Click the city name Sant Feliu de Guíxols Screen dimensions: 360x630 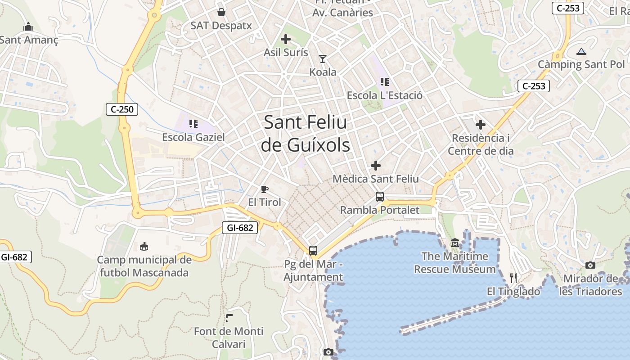point(306,134)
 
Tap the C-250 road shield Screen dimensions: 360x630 point(121,109)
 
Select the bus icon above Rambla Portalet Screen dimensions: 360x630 point(380,197)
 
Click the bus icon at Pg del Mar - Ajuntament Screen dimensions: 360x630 point(313,251)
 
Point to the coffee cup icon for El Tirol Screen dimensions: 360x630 point(265,189)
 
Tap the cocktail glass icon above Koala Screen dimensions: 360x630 point(323,58)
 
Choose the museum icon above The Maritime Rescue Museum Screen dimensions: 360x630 point(455,243)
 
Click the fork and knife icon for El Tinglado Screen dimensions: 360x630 point(513,278)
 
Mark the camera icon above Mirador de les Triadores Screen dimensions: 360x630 point(590,265)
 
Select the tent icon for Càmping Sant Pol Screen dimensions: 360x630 point(581,51)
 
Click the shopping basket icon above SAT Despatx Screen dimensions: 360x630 point(221,12)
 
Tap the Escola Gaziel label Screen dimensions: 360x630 point(193,137)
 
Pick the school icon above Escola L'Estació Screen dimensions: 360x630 point(384,82)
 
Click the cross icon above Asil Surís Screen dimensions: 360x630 point(286,39)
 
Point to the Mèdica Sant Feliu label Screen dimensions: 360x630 point(376,179)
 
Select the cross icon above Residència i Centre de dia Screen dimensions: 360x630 point(481,124)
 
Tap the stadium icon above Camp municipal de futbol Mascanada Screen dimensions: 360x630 point(144,246)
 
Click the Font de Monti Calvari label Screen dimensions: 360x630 point(229,337)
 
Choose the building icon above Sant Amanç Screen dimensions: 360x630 point(28,27)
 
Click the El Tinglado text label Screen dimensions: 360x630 point(513,292)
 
